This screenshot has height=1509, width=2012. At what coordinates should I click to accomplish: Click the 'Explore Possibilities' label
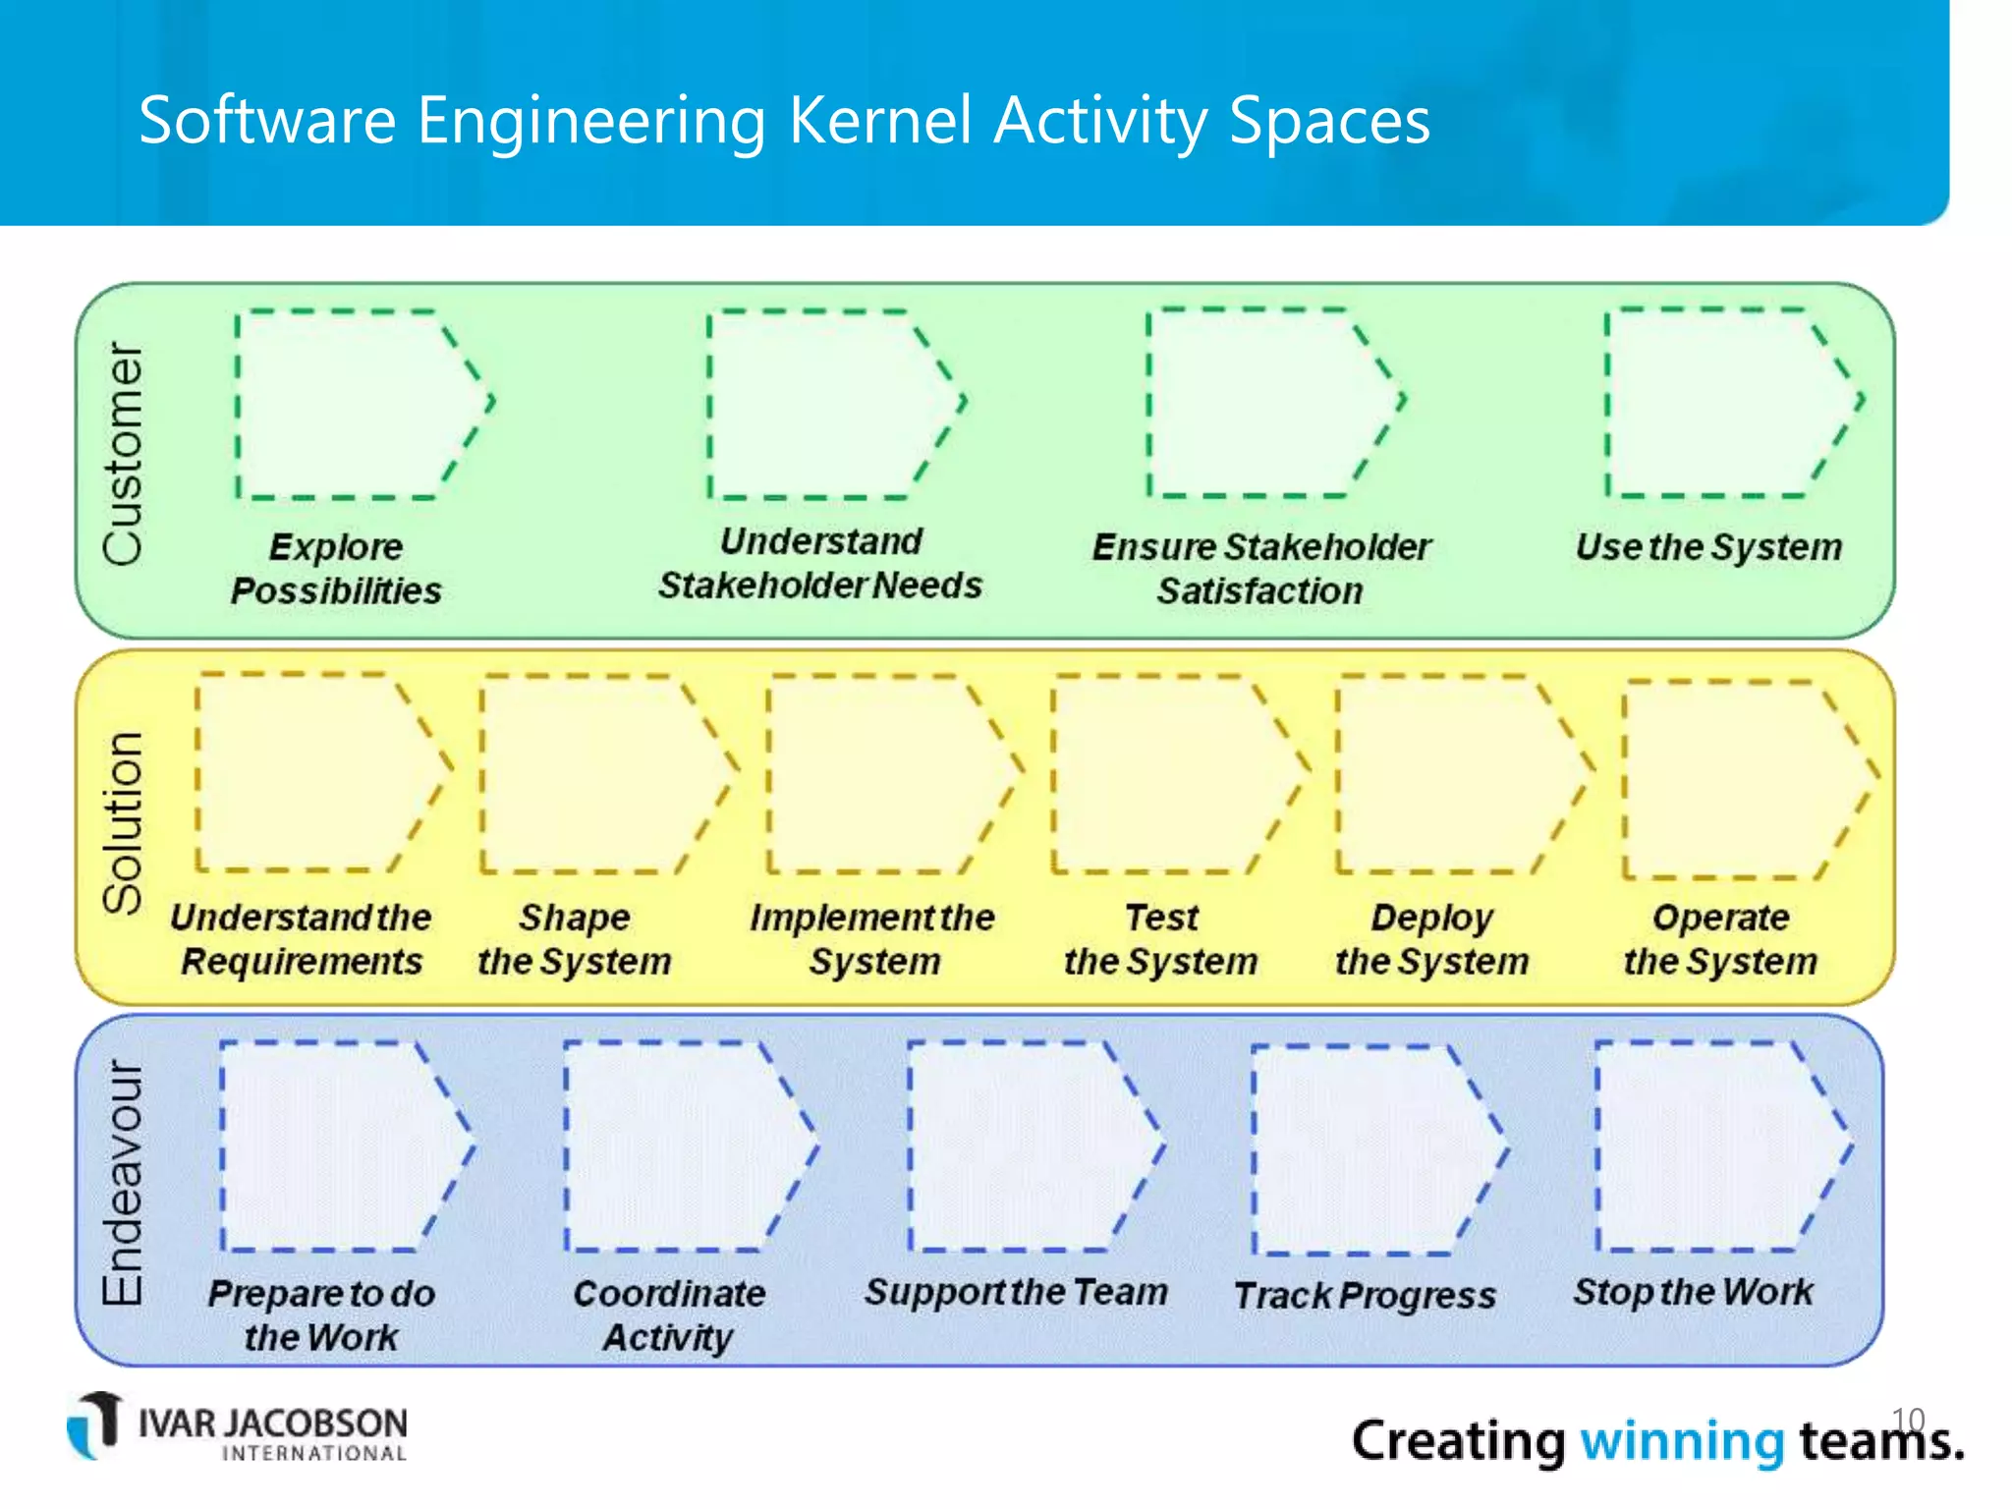pyautogui.click(x=336, y=569)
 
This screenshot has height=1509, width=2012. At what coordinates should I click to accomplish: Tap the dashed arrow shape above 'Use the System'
pyautogui.click(x=1724, y=403)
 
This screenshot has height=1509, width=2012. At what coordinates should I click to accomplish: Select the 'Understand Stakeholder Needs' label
pyautogui.click(x=820, y=563)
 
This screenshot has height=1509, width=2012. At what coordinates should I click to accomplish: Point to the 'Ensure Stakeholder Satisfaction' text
pyautogui.click(x=1261, y=569)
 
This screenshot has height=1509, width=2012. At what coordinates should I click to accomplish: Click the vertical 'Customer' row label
pyautogui.click(x=124, y=454)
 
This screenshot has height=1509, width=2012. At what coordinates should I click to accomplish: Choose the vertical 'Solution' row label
pyautogui.click(x=124, y=823)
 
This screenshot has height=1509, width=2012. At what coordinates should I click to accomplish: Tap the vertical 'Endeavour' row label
pyautogui.click(x=124, y=1183)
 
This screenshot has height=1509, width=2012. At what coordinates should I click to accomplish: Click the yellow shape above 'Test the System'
pyautogui.click(x=1169, y=774)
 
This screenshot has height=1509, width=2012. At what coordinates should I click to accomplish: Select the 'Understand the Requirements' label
pyautogui.click(x=301, y=939)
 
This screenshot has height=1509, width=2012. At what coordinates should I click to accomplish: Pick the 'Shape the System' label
pyautogui.click(x=575, y=939)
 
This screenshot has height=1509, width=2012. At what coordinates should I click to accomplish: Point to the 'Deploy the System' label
pyautogui.click(x=1432, y=939)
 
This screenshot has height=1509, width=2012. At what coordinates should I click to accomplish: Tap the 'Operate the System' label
pyautogui.click(x=1720, y=939)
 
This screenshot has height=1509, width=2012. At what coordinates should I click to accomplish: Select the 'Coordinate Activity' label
pyautogui.click(x=669, y=1314)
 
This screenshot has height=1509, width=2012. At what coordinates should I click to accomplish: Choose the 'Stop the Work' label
pyautogui.click(x=1693, y=1292)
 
